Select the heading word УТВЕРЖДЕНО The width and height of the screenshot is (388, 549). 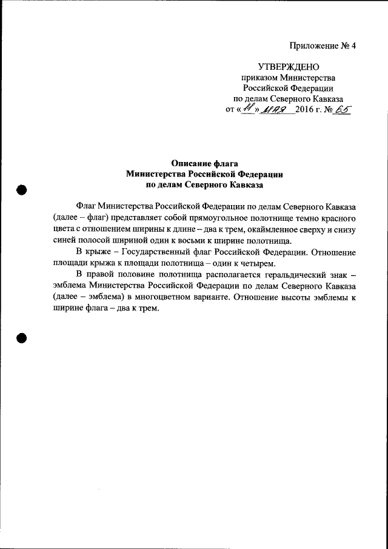coord(288,67)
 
